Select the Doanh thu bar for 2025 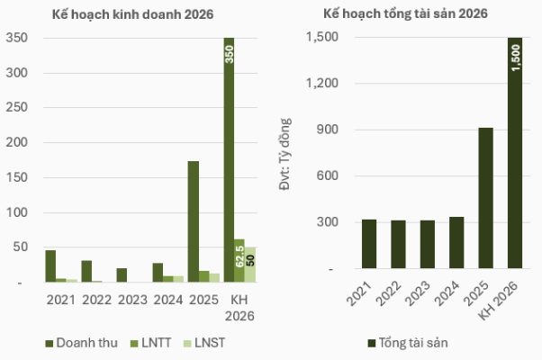(193, 221)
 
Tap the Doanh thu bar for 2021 (50, 266)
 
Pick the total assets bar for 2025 (485, 198)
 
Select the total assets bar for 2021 (369, 244)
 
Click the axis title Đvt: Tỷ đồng (286, 153)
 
